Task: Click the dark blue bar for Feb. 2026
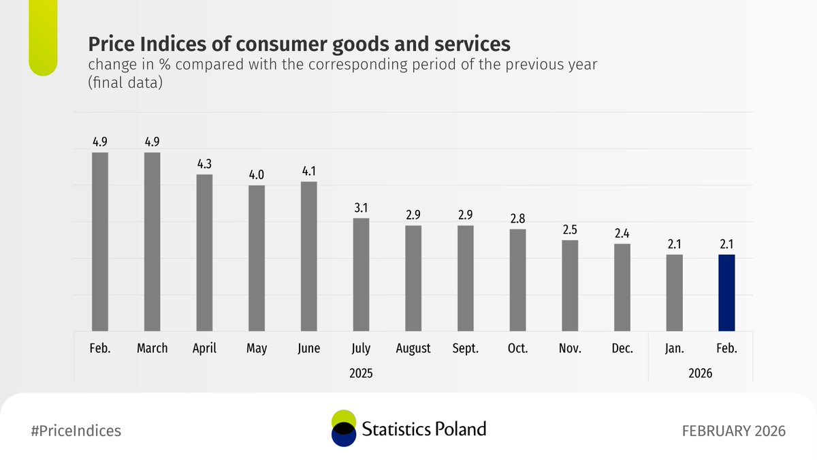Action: [x=726, y=293]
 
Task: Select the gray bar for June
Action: [x=308, y=256]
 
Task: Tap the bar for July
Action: [x=361, y=275]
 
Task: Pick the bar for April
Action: [x=204, y=253]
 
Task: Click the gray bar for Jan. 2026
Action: [x=674, y=293]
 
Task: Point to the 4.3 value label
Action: [x=204, y=164]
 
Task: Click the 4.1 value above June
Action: [x=308, y=171]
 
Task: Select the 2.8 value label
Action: [x=517, y=219]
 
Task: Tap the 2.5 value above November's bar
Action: [x=570, y=230]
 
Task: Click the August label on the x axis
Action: [x=413, y=348]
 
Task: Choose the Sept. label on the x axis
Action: [x=465, y=348]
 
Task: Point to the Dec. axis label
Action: [x=622, y=348]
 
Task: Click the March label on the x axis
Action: [x=152, y=348]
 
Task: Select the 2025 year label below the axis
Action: [x=361, y=373]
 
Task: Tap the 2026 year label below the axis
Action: [x=700, y=373]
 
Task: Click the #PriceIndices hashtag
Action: [x=76, y=431]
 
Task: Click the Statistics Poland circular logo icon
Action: [x=343, y=429]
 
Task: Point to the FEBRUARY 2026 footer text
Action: [x=734, y=431]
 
